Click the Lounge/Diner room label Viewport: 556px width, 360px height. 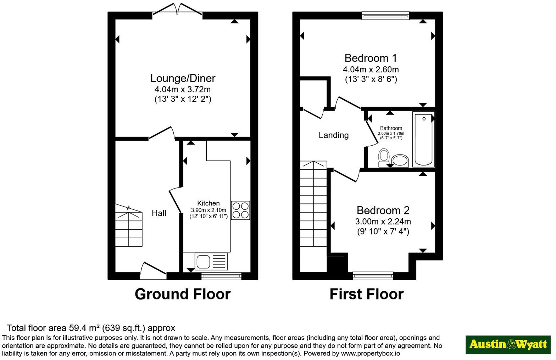coord(183,78)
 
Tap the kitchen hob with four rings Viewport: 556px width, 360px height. coord(240,210)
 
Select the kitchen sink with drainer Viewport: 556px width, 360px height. coord(211,261)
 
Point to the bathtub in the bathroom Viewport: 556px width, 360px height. coord(423,139)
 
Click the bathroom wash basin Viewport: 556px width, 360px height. coord(400,161)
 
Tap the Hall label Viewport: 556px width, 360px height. coord(159,213)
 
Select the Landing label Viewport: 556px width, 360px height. coord(334,135)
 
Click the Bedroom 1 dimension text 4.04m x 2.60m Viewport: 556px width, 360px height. coord(371,69)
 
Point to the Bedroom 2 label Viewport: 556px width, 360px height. coord(383,210)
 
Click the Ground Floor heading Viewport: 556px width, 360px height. coord(183,294)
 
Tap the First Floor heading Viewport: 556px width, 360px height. coord(367,294)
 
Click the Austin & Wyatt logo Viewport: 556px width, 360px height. coord(508,345)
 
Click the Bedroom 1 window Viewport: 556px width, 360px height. coord(385,16)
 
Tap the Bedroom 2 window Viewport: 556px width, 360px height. coord(373,276)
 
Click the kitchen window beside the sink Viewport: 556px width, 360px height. coord(221,276)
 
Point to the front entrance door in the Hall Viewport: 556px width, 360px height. coord(153,271)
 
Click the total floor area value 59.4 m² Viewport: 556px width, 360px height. coord(84,328)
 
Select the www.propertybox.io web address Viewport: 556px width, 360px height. coord(371,353)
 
